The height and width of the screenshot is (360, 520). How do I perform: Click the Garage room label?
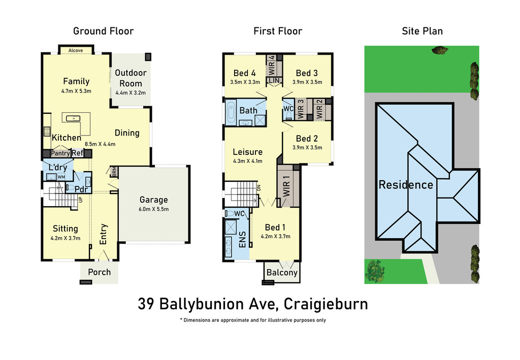coord(153,200)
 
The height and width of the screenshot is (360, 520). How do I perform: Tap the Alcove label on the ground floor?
coord(76,50)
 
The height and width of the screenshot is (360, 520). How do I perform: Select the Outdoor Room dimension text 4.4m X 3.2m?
coord(131,93)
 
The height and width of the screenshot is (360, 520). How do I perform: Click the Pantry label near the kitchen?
coord(60,153)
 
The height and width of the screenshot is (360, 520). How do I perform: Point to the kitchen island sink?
coord(73,118)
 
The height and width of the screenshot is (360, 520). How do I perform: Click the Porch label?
coord(99,272)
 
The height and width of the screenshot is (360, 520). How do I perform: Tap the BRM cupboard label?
coord(114,172)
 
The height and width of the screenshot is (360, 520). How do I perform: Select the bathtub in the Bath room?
coord(231,112)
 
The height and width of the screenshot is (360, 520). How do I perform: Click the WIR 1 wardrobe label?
coord(286,186)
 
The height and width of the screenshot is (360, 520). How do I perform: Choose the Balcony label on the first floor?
coord(282,273)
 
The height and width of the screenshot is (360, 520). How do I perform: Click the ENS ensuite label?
coord(242,239)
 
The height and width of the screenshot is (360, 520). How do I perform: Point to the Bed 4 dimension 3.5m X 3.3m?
coord(245,82)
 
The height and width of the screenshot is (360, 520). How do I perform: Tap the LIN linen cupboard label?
coord(274,81)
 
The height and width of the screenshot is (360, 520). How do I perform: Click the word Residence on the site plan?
coord(406,185)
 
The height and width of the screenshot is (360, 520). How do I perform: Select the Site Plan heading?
coord(422,31)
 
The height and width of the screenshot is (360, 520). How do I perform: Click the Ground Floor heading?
coord(104,31)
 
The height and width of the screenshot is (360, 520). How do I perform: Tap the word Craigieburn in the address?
coord(326,304)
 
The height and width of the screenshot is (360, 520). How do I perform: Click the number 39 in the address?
coord(146,304)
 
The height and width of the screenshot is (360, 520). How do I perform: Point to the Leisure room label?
coord(248,152)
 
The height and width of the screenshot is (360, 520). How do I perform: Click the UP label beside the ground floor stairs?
coord(80,200)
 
